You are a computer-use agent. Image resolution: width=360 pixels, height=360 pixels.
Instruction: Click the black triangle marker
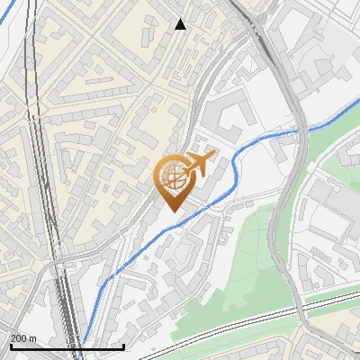tap(181, 24)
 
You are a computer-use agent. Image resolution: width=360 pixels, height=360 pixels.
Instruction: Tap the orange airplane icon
tap(200, 163)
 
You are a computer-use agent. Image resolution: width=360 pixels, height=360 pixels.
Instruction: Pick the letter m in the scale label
tap(33, 338)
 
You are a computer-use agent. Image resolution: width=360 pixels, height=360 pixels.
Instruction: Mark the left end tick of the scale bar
tap(11, 346)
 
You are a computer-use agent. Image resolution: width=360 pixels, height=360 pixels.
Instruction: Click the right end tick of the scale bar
tap(123, 346)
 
